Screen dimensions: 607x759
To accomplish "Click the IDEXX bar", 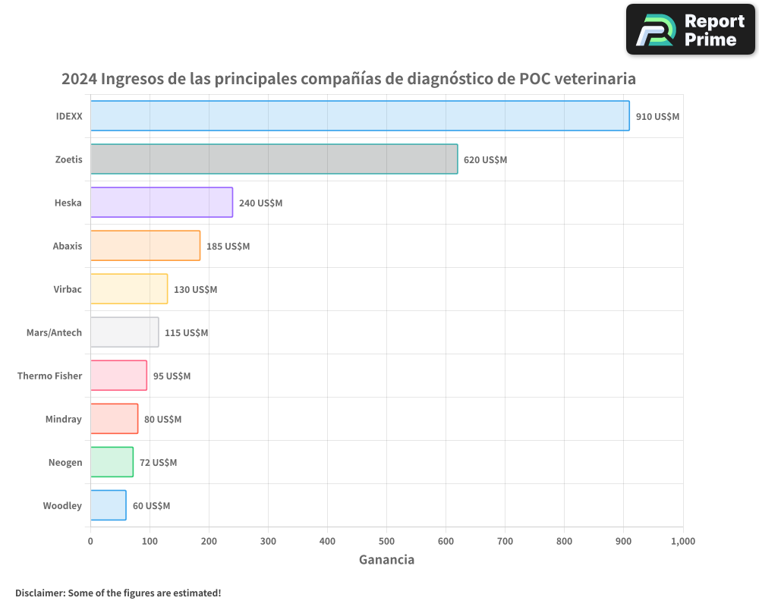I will pos(360,116).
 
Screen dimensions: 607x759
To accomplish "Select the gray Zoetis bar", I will pos(274,159).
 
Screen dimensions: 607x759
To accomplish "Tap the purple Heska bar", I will pos(162,203).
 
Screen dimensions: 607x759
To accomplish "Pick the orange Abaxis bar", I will pos(145,246).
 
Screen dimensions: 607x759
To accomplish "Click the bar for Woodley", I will pos(108,505).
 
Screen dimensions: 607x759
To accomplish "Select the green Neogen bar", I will pos(112,462).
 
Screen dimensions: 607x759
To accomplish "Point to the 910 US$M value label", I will pos(657,117).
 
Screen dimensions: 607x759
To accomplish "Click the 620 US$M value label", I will pos(485,160).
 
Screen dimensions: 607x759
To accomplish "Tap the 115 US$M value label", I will pos(186,333).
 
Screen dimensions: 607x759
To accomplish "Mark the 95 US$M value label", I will pos(172,376).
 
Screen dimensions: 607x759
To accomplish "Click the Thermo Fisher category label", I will pos(49,376).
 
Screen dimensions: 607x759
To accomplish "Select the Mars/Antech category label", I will pos(54,332).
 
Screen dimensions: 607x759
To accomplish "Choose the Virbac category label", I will pos(68,289).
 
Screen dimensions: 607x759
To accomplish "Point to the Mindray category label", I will pos(63,419).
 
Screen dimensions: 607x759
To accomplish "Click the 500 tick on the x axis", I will pos(386,541).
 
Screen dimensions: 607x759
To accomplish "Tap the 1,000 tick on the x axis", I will pos(682,541).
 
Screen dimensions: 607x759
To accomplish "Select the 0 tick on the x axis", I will pos(90,541).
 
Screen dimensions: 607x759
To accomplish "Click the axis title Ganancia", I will pos(386,560).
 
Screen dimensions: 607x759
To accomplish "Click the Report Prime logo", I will pos(690,30).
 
